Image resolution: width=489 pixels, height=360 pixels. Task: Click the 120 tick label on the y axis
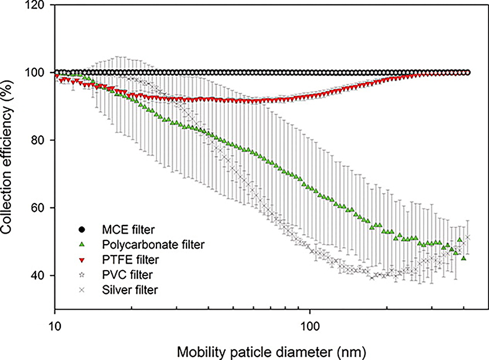tap(36, 5)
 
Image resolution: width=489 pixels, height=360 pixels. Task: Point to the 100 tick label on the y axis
tap(36, 73)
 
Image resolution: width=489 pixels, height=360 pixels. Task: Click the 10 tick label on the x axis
tap(54, 323)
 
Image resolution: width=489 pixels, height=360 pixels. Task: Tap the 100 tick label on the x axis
tap(309, 323)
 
